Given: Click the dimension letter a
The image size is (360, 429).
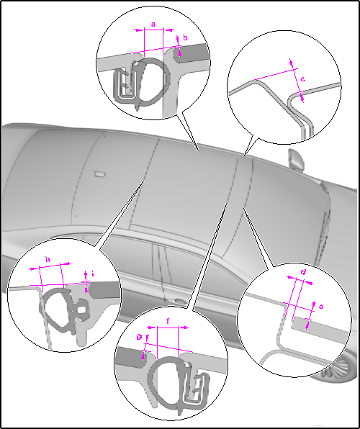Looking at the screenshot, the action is (x=153, y=24).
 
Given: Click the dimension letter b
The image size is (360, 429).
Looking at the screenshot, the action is (x=185, y=37).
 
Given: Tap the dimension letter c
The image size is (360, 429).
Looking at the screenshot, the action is (x=303, y=79).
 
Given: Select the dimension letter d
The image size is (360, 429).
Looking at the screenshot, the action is (x=303, y=272).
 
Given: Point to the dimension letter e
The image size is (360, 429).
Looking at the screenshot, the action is (x=321, y=307).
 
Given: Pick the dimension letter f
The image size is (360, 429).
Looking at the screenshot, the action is (x=168, y=321).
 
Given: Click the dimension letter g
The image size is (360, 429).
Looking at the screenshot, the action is (x=139, y=337).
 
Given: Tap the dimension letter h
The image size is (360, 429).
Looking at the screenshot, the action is (x=48, y=259).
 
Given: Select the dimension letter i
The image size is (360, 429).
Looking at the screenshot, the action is (x=93, y=274).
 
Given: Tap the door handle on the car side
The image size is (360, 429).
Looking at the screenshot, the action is (x=179, y=301).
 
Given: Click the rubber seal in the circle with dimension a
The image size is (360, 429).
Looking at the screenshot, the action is (x=152, y=82).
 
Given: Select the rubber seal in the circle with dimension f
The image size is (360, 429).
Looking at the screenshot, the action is (x=166, y=383).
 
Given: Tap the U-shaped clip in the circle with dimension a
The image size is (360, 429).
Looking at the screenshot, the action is (x=125, y=86).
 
